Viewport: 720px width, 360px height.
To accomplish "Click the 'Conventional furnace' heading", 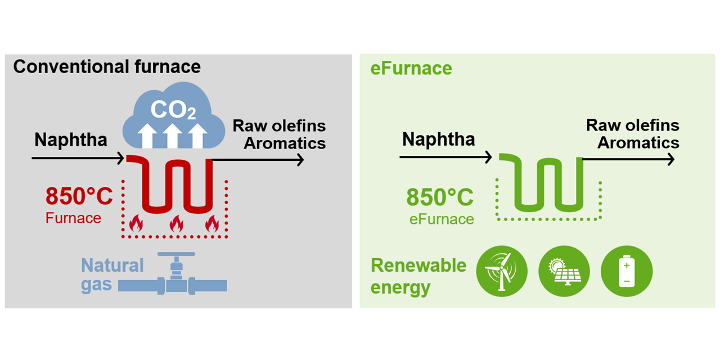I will (x=107, y=67).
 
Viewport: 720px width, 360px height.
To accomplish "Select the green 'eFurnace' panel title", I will (x=411, y=69).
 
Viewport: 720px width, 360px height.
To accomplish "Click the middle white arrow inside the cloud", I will (x=173, y=135).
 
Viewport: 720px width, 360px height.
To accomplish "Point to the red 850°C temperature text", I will (x=79, y=197).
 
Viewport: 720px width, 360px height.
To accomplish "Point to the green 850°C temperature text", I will (x=440, y=197).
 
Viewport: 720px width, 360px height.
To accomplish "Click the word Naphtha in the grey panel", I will (x=71, y=140).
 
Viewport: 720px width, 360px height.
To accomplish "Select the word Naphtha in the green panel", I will (x=439, y=139).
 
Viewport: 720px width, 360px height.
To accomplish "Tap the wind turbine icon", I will (x=502, y=271).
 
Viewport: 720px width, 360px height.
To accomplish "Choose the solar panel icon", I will (x=564, y=271).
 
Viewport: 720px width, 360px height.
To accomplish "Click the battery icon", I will (x=627, y=271).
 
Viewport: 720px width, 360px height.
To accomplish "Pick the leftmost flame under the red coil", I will (x=136, y=224).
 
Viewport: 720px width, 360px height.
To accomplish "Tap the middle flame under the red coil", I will (x=176, y=224).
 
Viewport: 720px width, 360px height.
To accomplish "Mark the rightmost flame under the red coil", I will (x=212, y=224).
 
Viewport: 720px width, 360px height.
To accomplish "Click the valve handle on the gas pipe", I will (x=177, y=254).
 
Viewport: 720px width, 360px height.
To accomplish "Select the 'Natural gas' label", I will (x=112, y=274).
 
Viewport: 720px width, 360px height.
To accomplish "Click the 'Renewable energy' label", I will (x=418, y=276).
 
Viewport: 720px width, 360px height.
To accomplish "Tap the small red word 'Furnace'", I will (x=73, y=218).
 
